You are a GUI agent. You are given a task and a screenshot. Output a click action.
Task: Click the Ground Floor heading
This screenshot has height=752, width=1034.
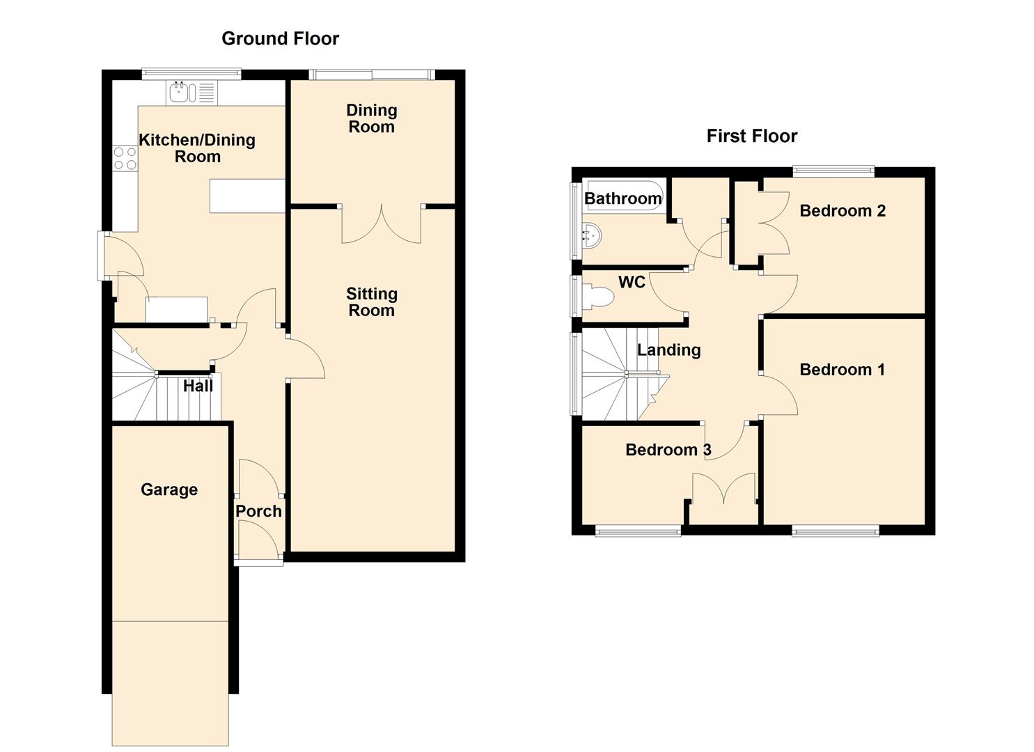pyautogui.click(x=280, y=39)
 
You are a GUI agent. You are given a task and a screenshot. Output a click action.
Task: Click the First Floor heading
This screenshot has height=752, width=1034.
pyautogui.click(x=752, y=136)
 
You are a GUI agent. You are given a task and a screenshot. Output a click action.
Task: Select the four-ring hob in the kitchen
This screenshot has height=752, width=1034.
pyautogui.click(x=125, y=158)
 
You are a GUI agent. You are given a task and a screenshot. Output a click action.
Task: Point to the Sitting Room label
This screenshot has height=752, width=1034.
pyautogui.click(x=372, y=302)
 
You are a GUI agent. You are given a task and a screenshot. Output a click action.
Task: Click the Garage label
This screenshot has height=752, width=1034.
pyautogui.click(x=169, y=489)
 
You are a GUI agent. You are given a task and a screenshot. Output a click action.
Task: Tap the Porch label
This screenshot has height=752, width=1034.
pyautogui.click(x=258, y=512)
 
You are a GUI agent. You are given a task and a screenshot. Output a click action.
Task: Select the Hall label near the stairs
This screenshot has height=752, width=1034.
pyautogui.click(x=198, y=386)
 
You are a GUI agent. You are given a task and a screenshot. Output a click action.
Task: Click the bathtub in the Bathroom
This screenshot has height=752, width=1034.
pyautogui.click(x=622, y=196)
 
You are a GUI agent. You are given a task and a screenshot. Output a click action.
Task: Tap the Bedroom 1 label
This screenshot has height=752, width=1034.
pyautogui.click(x=843, y=370)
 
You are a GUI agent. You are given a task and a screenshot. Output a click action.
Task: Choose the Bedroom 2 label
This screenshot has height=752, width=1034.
pyautogui.click(x=843, y=211)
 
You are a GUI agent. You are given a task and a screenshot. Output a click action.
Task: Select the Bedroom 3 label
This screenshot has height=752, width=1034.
pyautogui.click(x=668, y=450)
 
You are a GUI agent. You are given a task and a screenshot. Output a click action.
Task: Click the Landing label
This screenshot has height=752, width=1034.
pyautogui.click(x=669, y=350)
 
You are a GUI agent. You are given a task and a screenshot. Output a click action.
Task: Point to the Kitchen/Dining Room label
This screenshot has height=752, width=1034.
pyautogui.click(x=197, y=148)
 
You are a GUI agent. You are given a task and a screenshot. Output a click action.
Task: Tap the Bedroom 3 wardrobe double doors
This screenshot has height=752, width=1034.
pyautogui.click(x=724, y=488)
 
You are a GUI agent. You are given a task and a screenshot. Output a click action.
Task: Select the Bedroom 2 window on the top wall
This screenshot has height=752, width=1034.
pyautogui.click(x=833, y=171)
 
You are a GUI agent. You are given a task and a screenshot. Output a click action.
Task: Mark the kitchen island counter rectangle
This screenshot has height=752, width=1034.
pyautogui.click(x=247, y=196)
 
